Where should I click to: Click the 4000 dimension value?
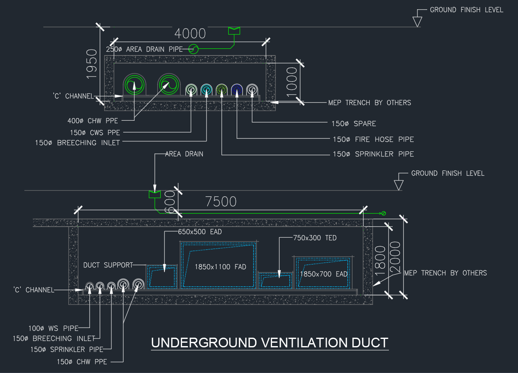(190, 34)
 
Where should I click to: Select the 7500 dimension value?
(221, 202)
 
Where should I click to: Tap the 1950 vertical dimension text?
(91, 63)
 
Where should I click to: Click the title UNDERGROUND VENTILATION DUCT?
(270, 343)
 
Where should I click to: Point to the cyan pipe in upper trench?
(206, 89)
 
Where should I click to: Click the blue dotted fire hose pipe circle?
(237, 89)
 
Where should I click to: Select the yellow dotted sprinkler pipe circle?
(222, 89)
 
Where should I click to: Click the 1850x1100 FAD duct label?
(220, 267)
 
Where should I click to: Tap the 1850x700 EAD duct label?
(323, 274)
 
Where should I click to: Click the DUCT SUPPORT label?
(108, 265)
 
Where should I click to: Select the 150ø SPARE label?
(354, 124)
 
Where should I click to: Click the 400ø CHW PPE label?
(92, 121)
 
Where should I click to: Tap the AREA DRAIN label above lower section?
(184, 154)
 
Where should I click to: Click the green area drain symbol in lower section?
(155, 194)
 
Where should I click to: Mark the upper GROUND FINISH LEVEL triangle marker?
(417, 21)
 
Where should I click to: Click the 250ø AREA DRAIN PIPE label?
(144, 49)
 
